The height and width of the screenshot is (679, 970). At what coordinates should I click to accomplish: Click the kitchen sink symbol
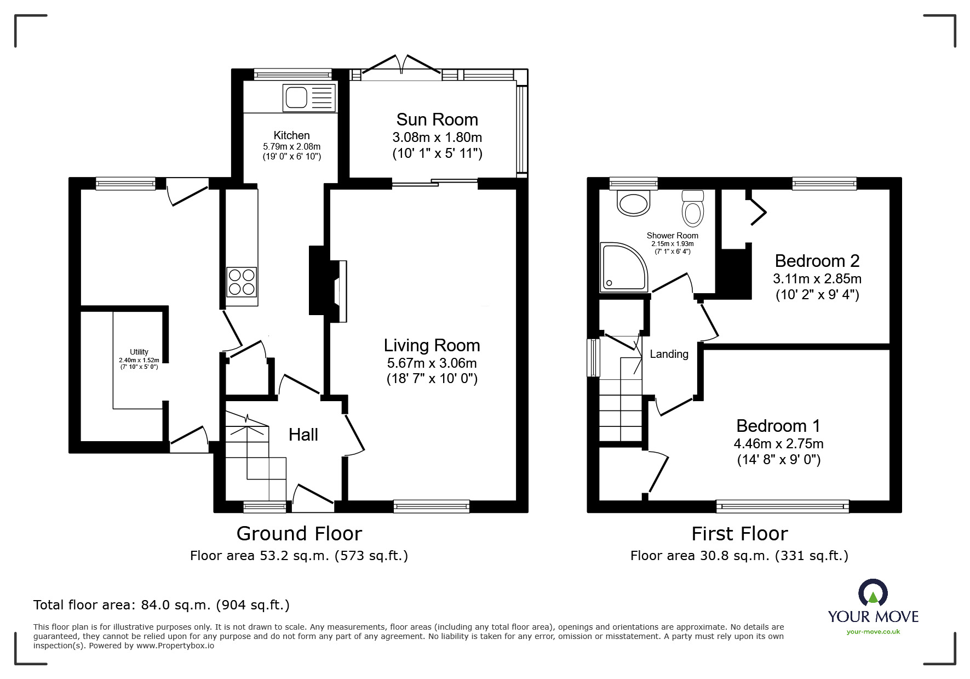(308, 98)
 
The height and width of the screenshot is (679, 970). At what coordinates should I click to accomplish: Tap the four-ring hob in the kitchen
(242, 282)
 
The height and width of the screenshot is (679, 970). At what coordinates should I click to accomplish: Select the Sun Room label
(437, 119)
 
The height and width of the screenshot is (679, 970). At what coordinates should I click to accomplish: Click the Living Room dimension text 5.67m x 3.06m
(432, 363)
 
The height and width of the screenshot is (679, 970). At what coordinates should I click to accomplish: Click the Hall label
(303, 435)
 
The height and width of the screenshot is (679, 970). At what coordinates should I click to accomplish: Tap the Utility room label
(139, 352)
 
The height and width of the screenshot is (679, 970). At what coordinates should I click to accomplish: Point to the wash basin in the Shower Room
(634, 202)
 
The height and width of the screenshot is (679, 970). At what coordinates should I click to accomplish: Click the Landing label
(669, 354)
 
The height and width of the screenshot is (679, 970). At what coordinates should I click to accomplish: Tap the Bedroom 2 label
(817, 260)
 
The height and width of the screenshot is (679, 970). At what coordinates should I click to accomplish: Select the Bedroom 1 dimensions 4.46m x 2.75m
(778, 443)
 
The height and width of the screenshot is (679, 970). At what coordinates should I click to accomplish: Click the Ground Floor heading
(299, 533)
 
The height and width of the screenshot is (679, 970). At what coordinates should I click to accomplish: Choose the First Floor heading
(739, 533)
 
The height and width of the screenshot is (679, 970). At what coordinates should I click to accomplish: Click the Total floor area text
(162, 605)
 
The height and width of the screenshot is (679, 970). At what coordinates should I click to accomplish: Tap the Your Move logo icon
(873, 593)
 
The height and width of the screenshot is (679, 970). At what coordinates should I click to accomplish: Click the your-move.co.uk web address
(873, 632)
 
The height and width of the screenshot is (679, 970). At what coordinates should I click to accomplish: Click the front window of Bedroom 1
(782, 506)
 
